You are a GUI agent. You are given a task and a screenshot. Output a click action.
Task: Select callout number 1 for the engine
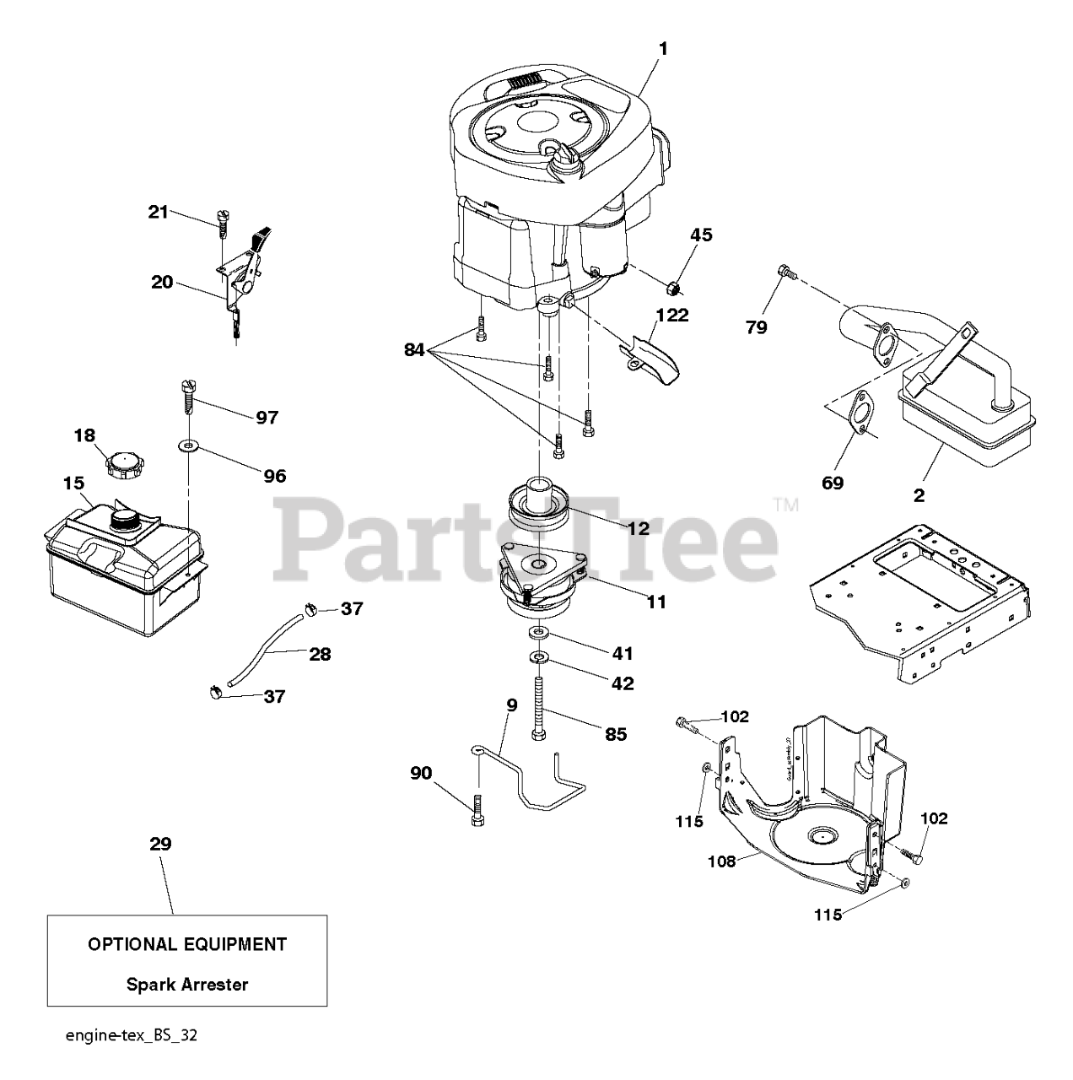click(x=663, y=49)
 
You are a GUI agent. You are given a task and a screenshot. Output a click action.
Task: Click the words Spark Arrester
click(x=187, y=984)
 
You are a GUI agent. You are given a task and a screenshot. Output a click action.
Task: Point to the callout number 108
click(x=722, y=861)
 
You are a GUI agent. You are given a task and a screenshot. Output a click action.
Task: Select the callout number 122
click(x=673, y=316)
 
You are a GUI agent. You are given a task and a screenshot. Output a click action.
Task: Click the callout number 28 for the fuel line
click(x=320, y=653)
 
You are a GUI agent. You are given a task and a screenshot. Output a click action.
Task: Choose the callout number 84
click(x=413, y=348)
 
